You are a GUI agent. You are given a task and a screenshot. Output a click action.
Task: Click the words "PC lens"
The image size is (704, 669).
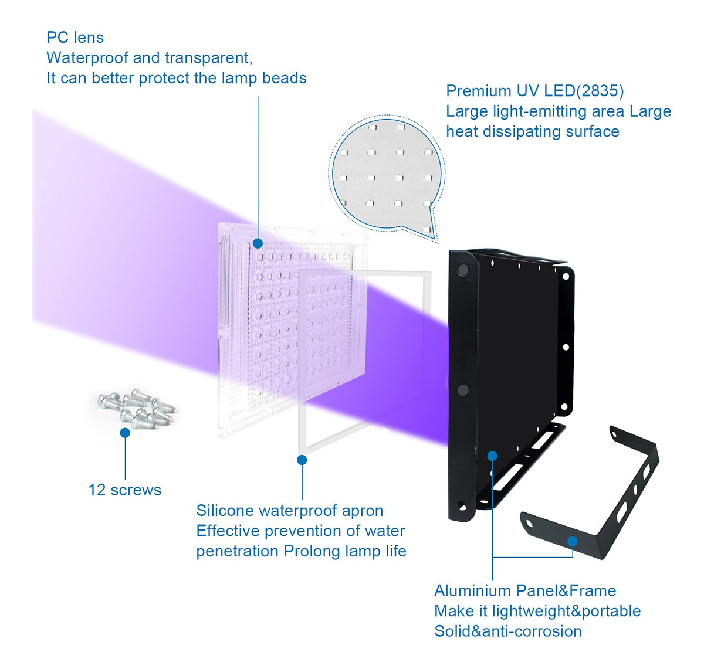[75, 38]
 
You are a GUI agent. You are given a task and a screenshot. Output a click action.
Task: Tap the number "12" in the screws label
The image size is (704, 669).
[97, 490]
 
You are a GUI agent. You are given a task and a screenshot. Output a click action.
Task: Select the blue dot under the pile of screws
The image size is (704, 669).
[125, 433]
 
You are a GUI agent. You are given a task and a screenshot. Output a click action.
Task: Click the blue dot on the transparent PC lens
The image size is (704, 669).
[258, 243]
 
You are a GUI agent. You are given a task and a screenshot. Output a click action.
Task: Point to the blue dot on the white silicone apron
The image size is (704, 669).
[302, 460]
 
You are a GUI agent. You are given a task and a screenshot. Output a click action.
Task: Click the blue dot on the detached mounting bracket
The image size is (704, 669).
[573, 541]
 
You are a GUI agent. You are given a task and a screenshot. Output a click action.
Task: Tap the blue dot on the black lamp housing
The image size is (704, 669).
[492, 456]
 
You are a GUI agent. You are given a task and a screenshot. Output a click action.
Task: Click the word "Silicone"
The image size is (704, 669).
[225, 511]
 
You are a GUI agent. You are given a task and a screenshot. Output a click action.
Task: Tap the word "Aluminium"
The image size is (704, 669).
[472, 591]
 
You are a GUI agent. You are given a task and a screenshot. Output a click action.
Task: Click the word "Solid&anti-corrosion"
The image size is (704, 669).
[508, 631]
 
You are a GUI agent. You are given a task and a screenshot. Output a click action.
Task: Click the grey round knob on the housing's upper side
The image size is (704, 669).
[463, 270]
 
